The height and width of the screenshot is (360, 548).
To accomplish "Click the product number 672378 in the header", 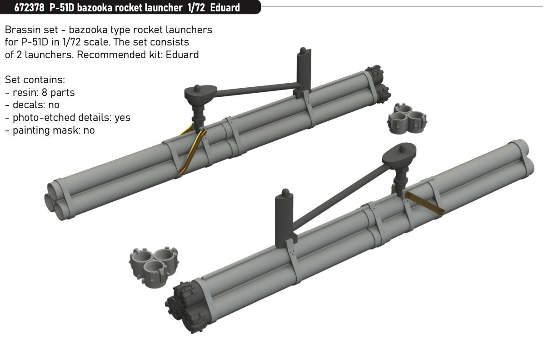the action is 29,8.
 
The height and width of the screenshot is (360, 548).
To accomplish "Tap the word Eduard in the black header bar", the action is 225,8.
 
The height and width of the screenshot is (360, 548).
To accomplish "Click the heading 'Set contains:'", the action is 35,80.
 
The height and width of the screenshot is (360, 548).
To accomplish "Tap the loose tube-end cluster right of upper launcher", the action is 407,119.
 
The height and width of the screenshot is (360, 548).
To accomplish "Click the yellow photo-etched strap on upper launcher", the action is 192,151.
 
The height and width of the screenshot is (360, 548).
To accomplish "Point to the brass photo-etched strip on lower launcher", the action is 423,203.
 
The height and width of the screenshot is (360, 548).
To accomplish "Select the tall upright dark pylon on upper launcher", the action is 304,71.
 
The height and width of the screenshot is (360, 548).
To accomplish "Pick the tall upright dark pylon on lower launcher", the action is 284,218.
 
